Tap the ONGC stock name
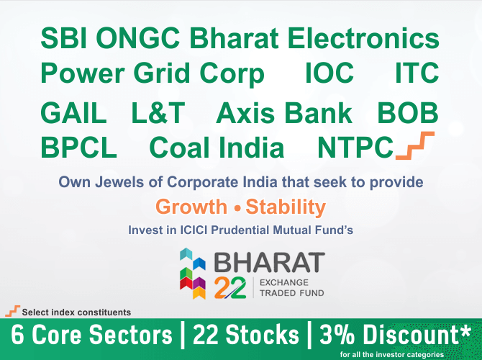138,38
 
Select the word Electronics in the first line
363,38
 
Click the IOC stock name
329,73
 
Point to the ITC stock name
417,73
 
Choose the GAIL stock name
73,113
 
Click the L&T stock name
158,113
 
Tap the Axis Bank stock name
284,113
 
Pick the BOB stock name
408,113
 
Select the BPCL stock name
78,148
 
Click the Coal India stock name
217,148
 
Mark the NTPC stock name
355,148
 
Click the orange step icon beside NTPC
415,145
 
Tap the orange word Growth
191,207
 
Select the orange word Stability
286,207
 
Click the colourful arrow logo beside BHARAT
193,273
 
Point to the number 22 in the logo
230,287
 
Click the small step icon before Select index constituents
13,311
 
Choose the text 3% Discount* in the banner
396,335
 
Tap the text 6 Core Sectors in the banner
91,335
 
